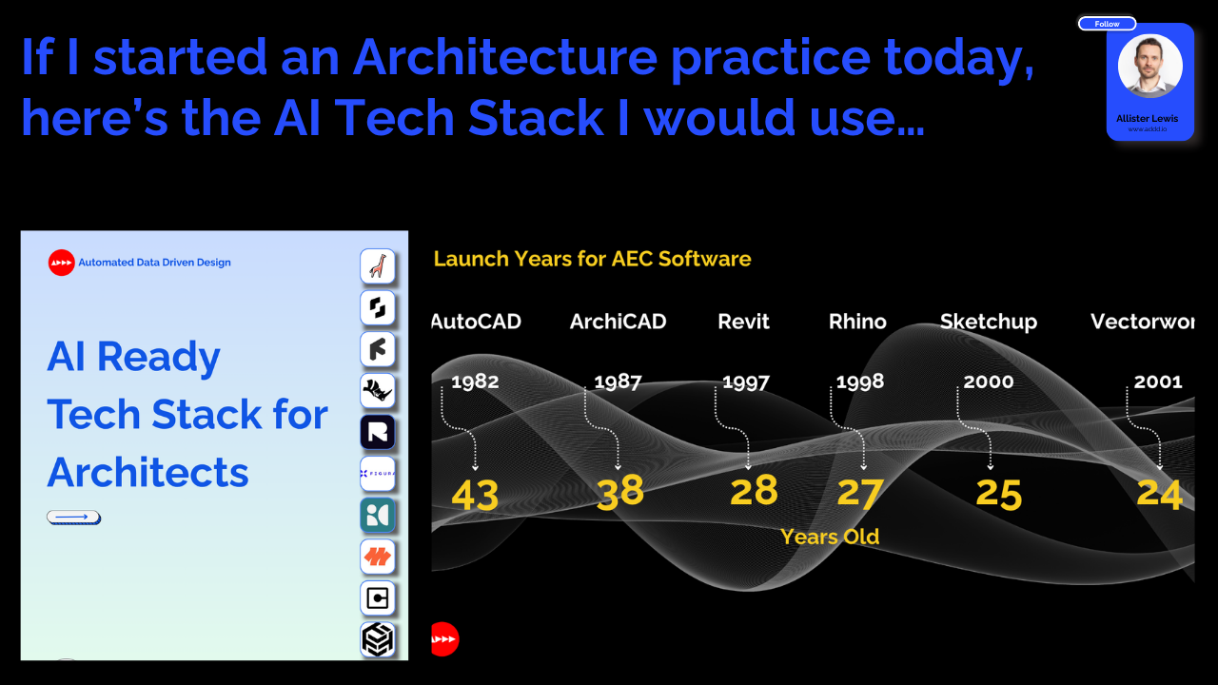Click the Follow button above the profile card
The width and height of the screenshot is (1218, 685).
point(1107,24)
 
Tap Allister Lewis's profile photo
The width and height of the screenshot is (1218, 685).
point(1149,67)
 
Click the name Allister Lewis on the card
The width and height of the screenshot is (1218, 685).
point(1147,119)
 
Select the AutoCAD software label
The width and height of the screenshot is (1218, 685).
point(477,322)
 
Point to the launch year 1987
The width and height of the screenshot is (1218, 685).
point(618,382)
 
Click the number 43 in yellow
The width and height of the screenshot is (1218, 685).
point(475,496)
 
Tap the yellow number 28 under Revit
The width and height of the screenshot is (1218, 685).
point(754,492)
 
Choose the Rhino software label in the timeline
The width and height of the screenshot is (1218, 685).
point(857,322)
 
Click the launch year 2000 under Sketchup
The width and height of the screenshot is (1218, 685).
point(988,382)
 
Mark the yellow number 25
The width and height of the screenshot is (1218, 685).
point(999,495)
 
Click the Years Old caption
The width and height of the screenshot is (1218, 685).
point(830,537)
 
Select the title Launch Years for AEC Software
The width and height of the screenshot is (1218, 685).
point(592,259)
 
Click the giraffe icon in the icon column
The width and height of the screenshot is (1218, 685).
point(378,266)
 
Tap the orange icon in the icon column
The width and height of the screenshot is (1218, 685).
point(378,557)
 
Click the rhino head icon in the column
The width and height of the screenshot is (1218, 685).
point(378,391)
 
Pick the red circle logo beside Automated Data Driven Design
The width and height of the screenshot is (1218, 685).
point(61,263)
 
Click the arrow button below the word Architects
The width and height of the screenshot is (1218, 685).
point(73,518)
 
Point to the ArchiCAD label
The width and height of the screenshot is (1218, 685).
point(618,322)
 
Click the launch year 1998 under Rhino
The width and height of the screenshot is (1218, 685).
point(859,382)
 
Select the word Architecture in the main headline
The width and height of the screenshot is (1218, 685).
point(504,59)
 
